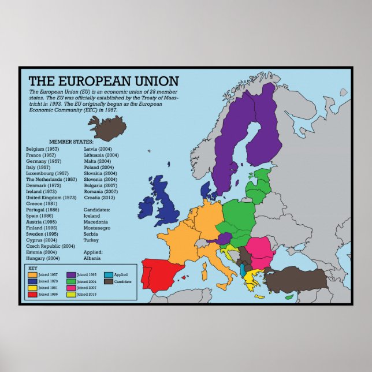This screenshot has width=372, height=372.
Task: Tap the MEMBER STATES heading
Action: pyautogui.click(x=70, y=142)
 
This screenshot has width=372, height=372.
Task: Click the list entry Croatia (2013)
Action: pyautogui.click(x=101, y=198)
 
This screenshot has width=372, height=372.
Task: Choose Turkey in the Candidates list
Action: pyautogui.click(x=91, y=240)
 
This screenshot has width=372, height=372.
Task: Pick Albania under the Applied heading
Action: pyautogui.click(x=92, y=258)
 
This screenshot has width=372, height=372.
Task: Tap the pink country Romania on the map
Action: pyautogui.click(x=259, y=248)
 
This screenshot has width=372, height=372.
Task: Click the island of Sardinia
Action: pyautogui.click(x=204, y=269)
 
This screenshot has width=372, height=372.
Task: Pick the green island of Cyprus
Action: pyautogui.click(x=289, y=297)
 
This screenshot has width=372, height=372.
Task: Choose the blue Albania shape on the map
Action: pyautogui.click(x=242, y=270)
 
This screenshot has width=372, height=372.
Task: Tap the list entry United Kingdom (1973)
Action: pyautogui.click(x=51, y=198)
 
